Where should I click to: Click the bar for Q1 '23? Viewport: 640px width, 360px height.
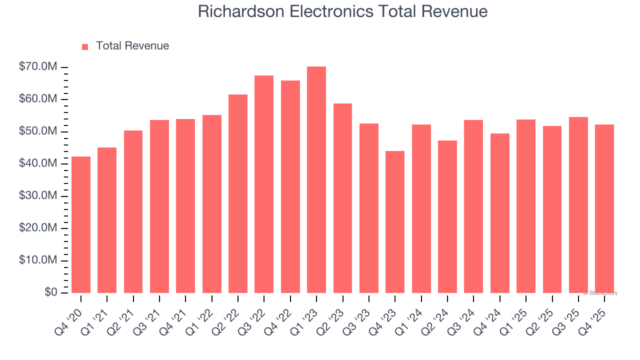(x=316, y=180)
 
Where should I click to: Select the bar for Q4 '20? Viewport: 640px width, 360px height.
(x=81, y=225)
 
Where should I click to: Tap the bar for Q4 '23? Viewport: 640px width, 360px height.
(x=395, y=222)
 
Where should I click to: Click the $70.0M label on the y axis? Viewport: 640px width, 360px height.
(x=37, y=67)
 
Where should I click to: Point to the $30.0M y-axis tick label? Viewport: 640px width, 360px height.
(x=37, y=196)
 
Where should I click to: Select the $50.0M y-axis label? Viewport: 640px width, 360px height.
(x=37, y=131)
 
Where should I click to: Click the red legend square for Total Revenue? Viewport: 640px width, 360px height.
(x=85, y=46)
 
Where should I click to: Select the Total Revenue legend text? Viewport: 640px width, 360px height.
(x=132, y=46)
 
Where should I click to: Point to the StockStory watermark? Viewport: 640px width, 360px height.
(x=600, y=293)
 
